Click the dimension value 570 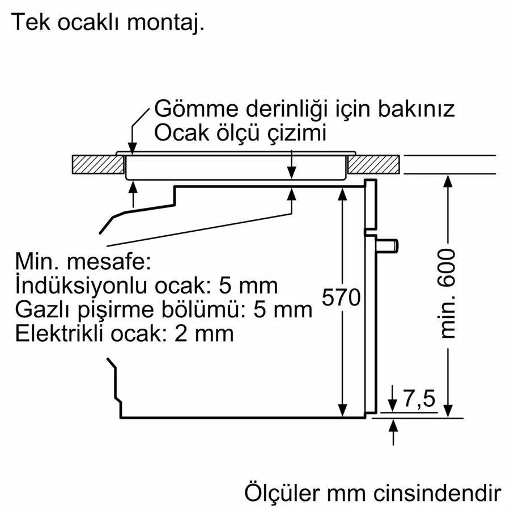[341, 297]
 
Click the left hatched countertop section [98, 164]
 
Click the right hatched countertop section [374, 164]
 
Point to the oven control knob [388, 245]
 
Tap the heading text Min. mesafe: [83, 261]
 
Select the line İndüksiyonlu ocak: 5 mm [146, 285]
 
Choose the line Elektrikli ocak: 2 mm [124, 333]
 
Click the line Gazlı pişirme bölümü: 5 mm [164, 309]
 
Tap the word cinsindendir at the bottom [437, 494]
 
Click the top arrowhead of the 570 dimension [342, 194]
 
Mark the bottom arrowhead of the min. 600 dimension [448, 410]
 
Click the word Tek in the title [31, 22]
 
